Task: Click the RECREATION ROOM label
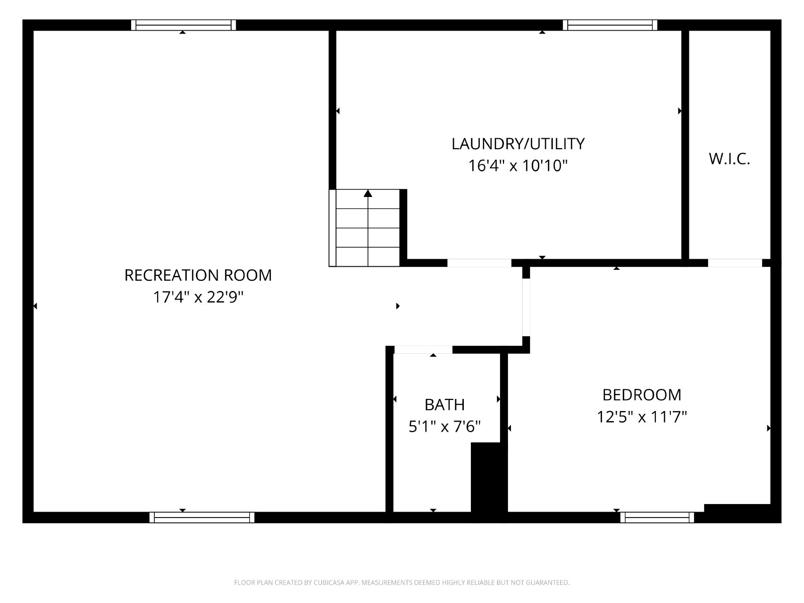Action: (198, 275)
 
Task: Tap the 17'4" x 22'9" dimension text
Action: (198, 297)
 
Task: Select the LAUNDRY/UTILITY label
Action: (518, 144)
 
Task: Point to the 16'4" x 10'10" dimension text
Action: (518, 166)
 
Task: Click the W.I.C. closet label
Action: (729, 159)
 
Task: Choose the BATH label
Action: (444, 405)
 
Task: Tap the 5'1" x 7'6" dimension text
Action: (444, 427)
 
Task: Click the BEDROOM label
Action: (642, 395)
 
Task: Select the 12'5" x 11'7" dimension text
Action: (642, 417)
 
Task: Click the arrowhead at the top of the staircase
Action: (368, 193)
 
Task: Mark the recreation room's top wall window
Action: (183, 25)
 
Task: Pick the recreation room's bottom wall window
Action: (202, 518)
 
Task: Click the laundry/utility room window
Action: (610, 25)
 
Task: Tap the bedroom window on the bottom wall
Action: (657, 518)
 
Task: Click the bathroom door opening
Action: (423, 350)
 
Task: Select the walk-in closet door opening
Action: (735, 263)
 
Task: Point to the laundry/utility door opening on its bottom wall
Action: (479, 263)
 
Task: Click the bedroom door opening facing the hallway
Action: (526, 308)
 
